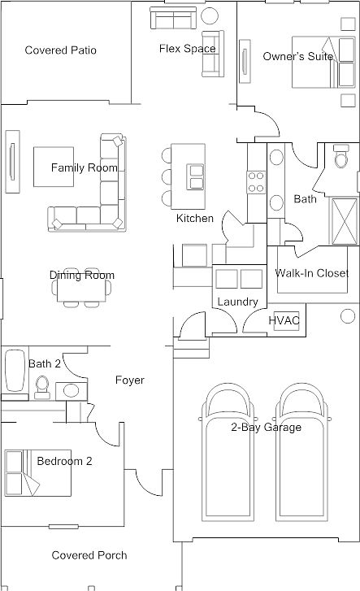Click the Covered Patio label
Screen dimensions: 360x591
60,50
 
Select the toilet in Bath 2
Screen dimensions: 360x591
41,387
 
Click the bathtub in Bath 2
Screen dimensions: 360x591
15,371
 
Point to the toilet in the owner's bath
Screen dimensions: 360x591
342,156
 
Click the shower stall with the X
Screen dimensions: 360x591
344,222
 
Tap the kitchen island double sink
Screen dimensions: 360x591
196,176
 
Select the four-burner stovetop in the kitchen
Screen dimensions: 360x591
256,182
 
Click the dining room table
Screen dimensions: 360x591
81,288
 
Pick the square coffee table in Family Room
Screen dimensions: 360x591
54,167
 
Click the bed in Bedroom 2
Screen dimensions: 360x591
37,473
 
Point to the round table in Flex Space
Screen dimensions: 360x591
210,15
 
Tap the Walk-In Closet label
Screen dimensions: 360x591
312,273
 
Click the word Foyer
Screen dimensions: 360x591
130,380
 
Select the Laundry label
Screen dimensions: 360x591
237,302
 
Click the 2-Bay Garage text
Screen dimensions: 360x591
266,427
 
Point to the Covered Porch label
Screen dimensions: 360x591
89,555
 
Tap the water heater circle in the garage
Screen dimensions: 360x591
348,316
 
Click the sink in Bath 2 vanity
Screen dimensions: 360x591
71,390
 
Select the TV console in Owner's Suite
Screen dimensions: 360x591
245,61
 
